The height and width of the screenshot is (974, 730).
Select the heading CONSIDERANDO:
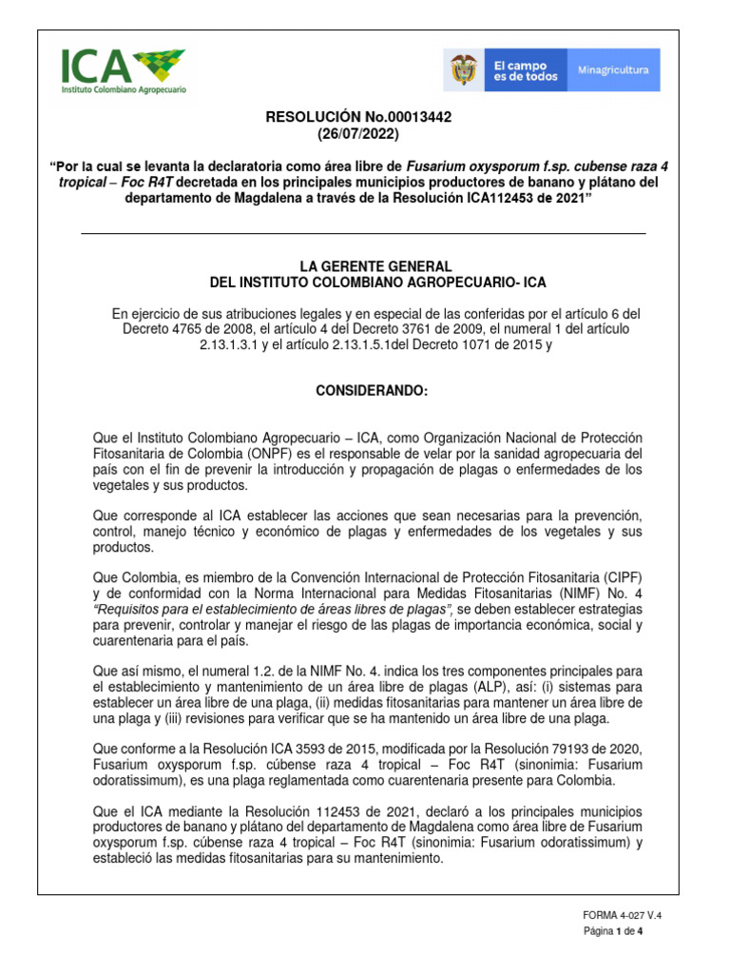[x=364, y=392]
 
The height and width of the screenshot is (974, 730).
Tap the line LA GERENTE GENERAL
[x=364, y=266]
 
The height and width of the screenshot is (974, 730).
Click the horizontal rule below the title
[x=364, y=233]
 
